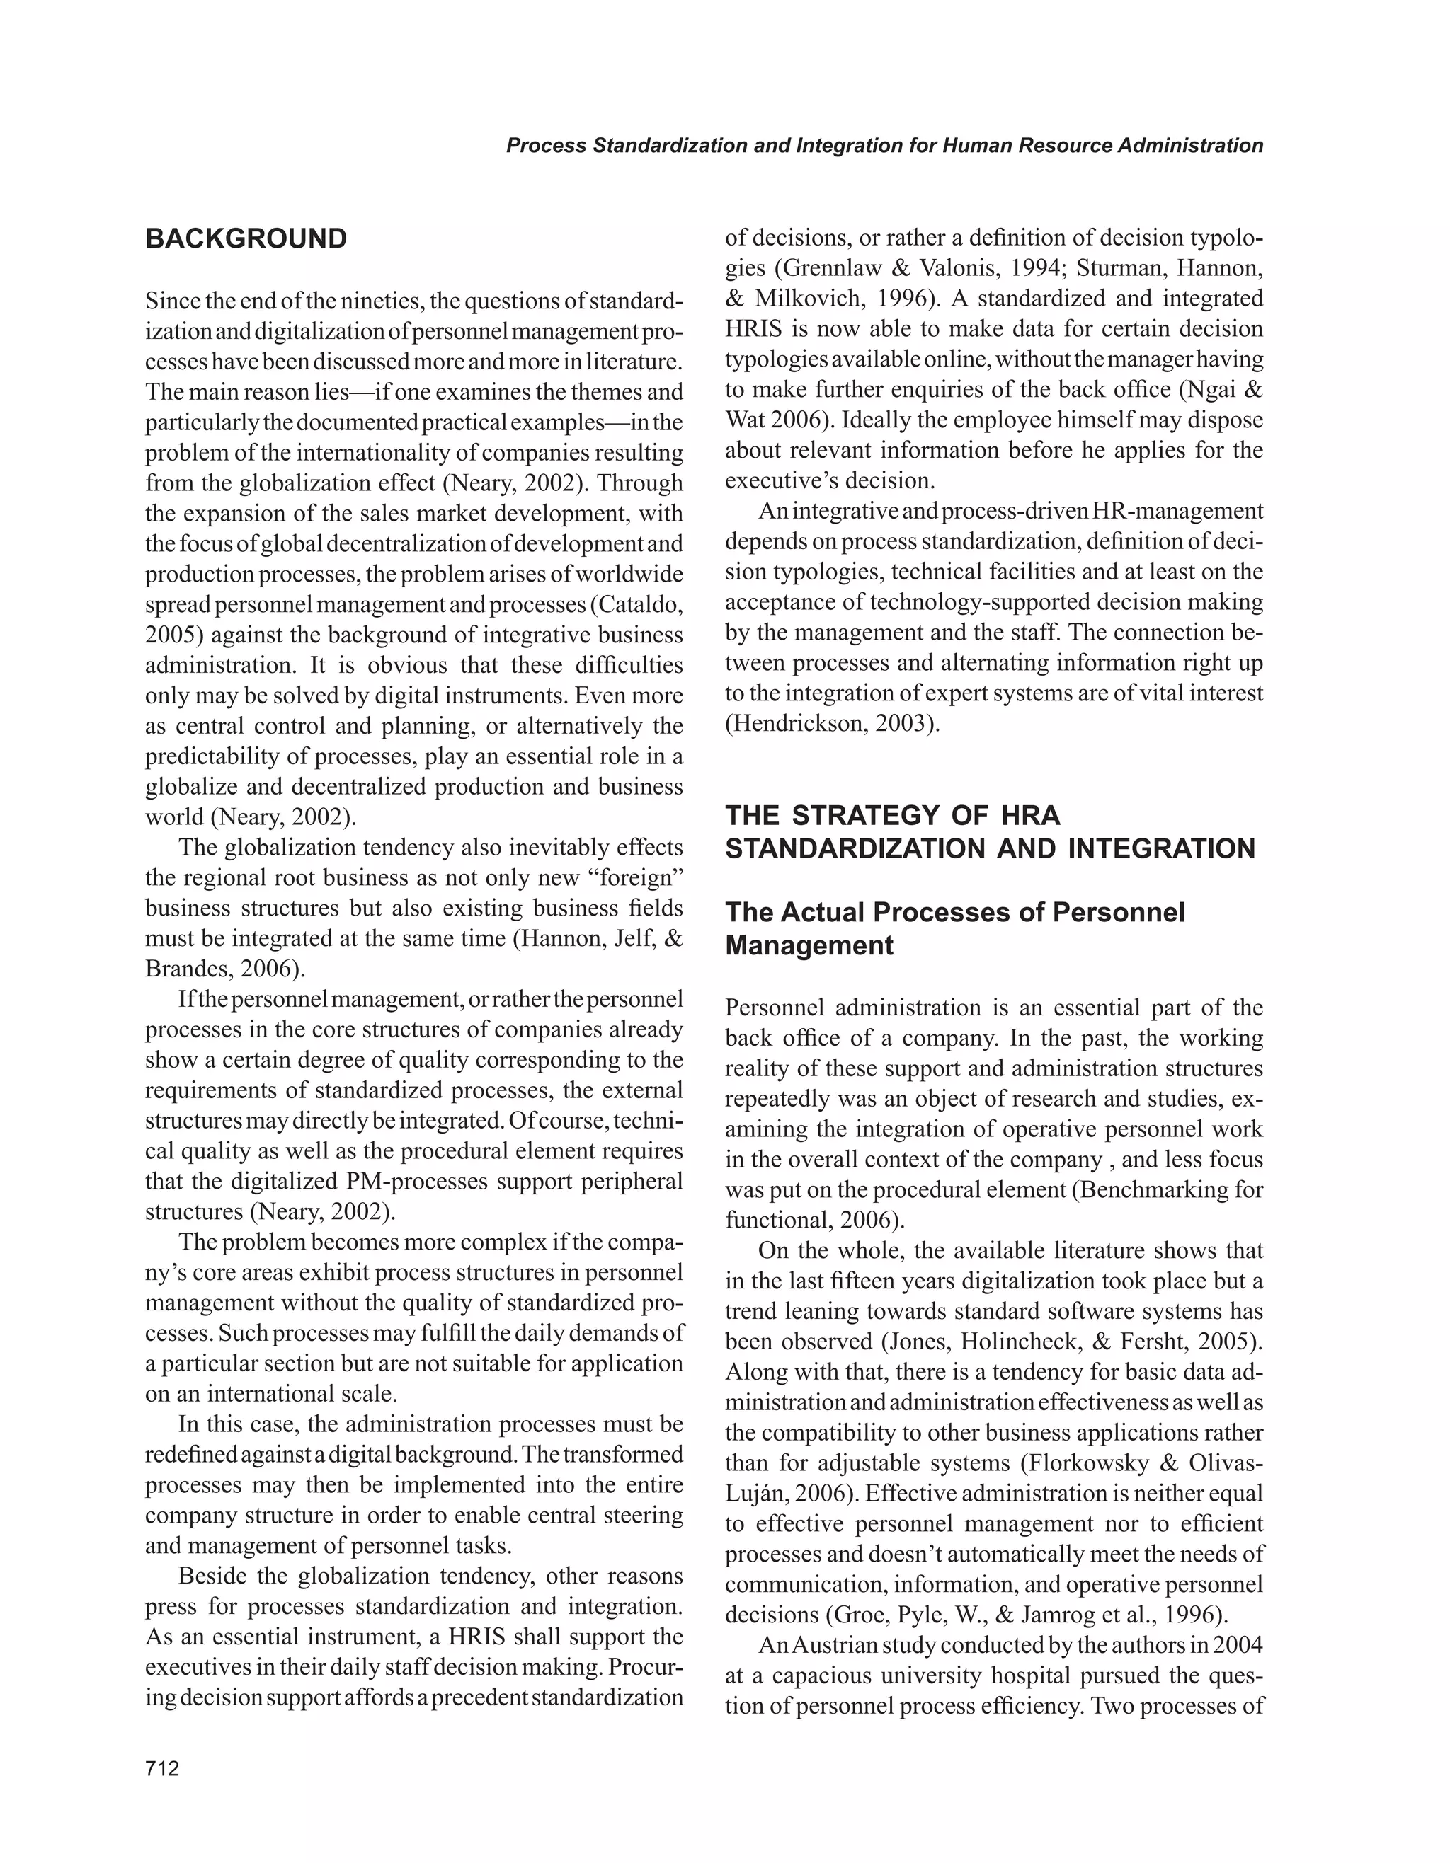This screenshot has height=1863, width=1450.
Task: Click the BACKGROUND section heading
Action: (246, 239)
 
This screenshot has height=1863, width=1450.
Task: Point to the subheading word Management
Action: (809, 946)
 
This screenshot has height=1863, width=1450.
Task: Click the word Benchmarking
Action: (1160, 1190)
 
